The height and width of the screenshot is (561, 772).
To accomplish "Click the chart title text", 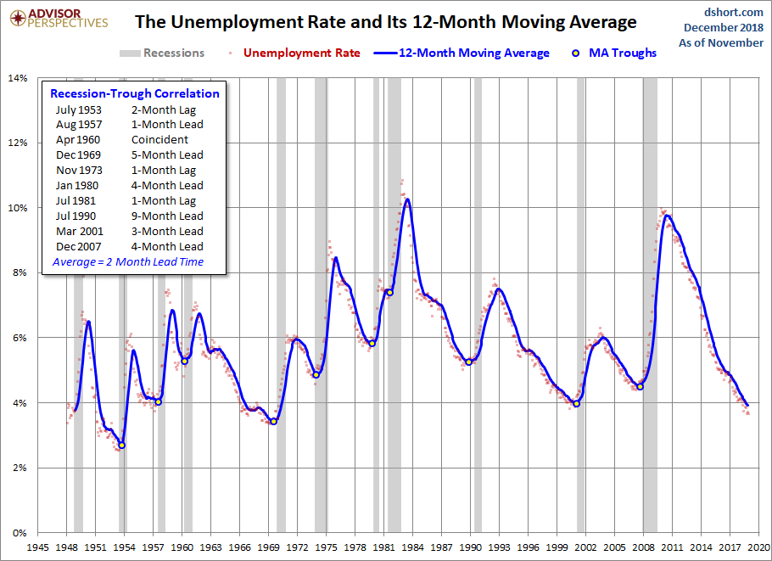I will (x=385, y=22).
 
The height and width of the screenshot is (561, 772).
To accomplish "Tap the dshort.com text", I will (x=734, y=12).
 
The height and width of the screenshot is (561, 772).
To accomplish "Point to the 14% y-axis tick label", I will (x=17, y=78).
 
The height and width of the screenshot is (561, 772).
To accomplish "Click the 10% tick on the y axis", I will (x=17, y=208).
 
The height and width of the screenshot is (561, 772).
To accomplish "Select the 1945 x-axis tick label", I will (x=37, y=547).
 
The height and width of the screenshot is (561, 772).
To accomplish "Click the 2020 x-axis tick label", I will (x=758, y=547).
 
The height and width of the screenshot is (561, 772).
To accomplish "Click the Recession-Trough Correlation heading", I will (x=135, y=93).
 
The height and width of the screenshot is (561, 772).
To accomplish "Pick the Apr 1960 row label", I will (x=79, y=139).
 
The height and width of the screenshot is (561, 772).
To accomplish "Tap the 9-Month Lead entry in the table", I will (x=167, y=216).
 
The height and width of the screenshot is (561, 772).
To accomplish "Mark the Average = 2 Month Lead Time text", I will (x=128, y=262).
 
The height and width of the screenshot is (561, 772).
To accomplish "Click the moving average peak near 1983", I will (x=408, y=199).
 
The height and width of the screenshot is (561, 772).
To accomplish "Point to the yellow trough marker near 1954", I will (x=122, y=445).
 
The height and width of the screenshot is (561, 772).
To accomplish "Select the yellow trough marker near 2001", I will (x=577, y=403).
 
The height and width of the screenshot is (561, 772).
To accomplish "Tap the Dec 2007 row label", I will (x=79, y=246).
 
